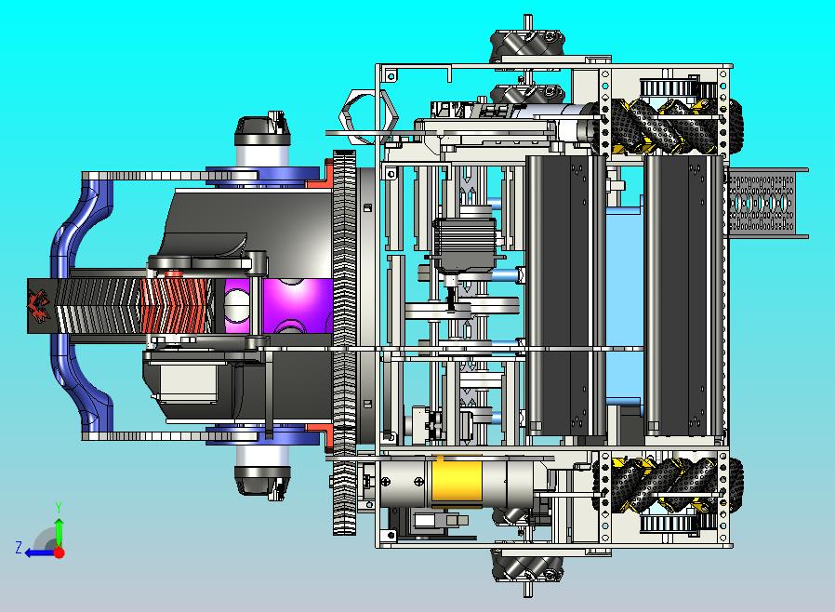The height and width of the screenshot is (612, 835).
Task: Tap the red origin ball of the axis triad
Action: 60,552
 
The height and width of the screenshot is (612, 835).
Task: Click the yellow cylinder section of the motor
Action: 456,482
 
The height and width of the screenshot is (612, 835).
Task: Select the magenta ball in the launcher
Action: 279,306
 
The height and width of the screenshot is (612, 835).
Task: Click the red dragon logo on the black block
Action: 39,306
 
